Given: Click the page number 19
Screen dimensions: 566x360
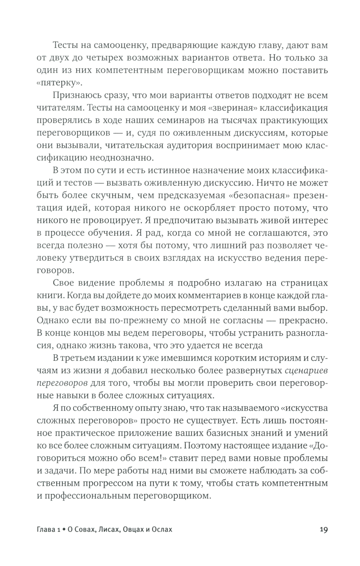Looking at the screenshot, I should tap(323, 529).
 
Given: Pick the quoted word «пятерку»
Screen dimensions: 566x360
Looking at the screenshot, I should tap(54, 83).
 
